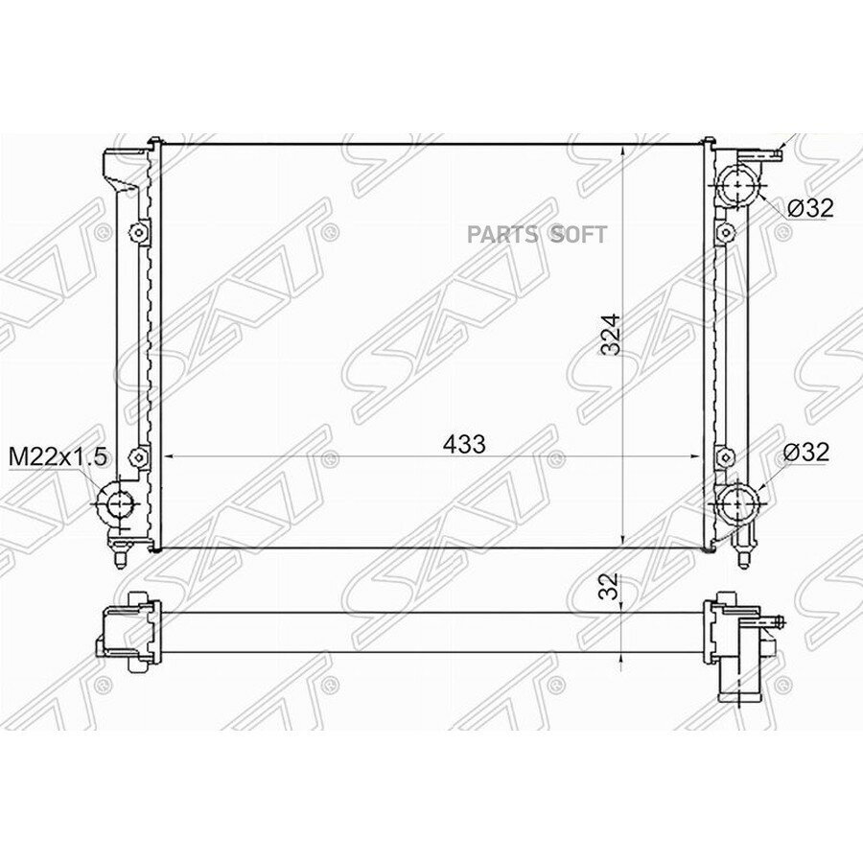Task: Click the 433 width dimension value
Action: pyautogui.click(x=464, y=444)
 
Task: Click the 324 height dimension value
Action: pyautogui.click(x=611, y=335)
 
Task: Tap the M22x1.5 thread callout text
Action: pyautogui.click(x=58, y=457)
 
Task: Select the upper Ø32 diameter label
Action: pyautogui.click(x=809, y=208)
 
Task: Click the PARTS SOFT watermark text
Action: pyautogui.click(x=537, y=235)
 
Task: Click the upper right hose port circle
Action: pyautogui.click(x=737, y=186)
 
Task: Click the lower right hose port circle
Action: pyautogui.click(x=737, y=501)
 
